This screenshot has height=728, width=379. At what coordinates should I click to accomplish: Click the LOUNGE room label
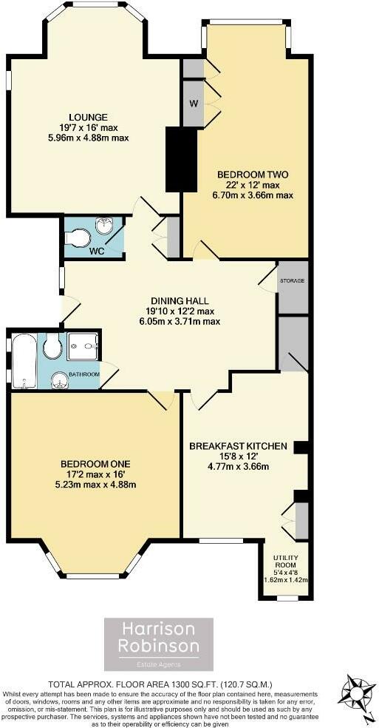click(89, 117)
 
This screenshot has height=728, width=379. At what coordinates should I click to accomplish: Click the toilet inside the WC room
click(77, 236)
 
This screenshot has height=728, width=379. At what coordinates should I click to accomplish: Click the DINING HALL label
click(179, 301)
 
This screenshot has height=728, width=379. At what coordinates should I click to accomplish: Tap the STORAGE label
click(292, 281)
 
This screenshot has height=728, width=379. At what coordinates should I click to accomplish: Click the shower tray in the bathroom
click(83, 344)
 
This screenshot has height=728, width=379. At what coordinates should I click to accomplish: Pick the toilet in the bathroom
click(53, 348)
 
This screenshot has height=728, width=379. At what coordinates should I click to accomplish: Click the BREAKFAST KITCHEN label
click(238, 446)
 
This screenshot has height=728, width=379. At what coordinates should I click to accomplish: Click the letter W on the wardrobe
click(193, 102)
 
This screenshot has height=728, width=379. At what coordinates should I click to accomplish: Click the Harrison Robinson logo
click(160, 644)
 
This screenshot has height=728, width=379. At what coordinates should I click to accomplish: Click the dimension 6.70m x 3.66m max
click(252, 195)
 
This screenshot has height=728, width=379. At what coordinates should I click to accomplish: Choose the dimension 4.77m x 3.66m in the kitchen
click(238, 466)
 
